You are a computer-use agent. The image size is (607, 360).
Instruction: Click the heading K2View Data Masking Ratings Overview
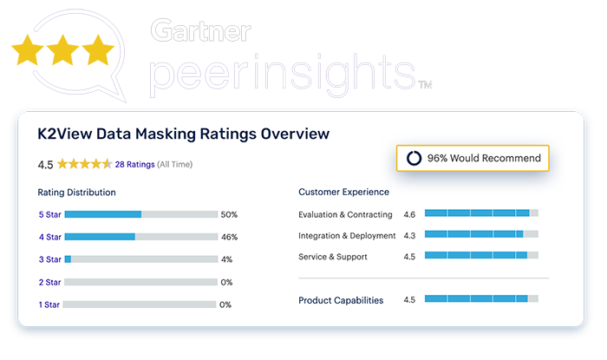click(184, 134)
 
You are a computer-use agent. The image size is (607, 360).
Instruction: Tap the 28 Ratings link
click(135, 164)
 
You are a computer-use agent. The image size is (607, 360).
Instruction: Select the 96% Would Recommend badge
click(473, 158)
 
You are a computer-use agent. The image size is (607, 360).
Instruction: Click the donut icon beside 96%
click(414, 158)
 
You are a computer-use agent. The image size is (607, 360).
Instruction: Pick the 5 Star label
click(49, 214)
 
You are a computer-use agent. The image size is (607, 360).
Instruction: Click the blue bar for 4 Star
click(100, 236)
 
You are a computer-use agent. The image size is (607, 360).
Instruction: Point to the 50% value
click(229, 214)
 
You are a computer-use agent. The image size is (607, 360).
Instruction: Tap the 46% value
click(229, 236)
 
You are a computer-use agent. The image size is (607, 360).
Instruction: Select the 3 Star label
click(49, 259)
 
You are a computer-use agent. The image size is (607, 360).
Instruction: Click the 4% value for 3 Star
click(226, 259)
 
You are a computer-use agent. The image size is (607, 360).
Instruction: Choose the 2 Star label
click(49, 282)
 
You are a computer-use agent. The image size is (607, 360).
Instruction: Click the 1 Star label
click(49, 304)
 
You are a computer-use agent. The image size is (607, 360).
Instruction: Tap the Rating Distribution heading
click(77, 192)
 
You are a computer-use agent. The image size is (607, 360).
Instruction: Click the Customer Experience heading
click(343, 192)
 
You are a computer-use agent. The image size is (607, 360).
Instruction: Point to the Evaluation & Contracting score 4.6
click(410, 214)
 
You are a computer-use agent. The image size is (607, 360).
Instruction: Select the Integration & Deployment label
click(345, 235)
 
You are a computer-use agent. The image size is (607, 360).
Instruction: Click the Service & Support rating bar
click(480, 256)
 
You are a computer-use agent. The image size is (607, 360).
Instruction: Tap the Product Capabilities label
click(341, 300)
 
